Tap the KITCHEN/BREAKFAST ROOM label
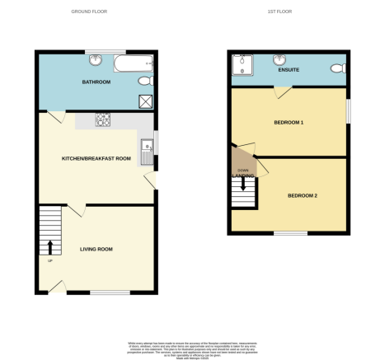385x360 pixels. pos(96,157)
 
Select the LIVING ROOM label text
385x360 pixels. pos(96,249)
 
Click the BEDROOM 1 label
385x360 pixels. pos(289,123)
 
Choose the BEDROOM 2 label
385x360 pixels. pos(303,195)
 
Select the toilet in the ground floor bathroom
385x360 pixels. pos(146,81)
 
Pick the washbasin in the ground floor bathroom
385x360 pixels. pos(96,60)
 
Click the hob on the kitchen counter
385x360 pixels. pos(104,119)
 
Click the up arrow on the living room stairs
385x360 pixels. pos(50,246)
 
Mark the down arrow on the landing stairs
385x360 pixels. pos(242,184)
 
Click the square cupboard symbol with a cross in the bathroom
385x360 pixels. pos(146,101)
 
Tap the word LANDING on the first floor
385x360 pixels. pos(242,175)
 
